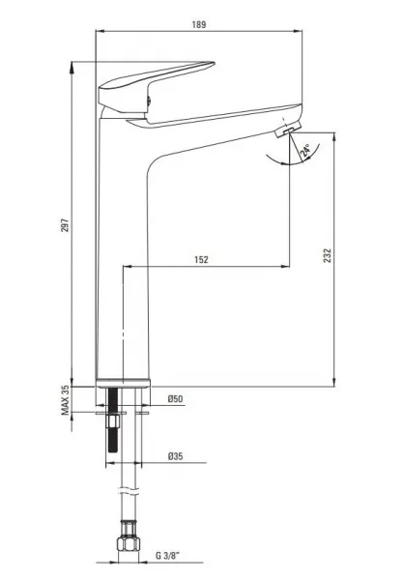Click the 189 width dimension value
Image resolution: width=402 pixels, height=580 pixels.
tap(199, 25)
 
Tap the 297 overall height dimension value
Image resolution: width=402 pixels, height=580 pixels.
tap(65, 225)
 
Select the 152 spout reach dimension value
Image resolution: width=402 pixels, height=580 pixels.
tap(202, 259)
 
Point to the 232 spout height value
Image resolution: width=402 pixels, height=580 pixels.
tap(328, 255)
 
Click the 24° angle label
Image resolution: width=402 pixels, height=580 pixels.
tap(305, 152)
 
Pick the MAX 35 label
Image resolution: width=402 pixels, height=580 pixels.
tap(65, 400)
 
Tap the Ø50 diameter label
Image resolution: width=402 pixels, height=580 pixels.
tap(175, 398)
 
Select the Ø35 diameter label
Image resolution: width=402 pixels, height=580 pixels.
tap(175, 456)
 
